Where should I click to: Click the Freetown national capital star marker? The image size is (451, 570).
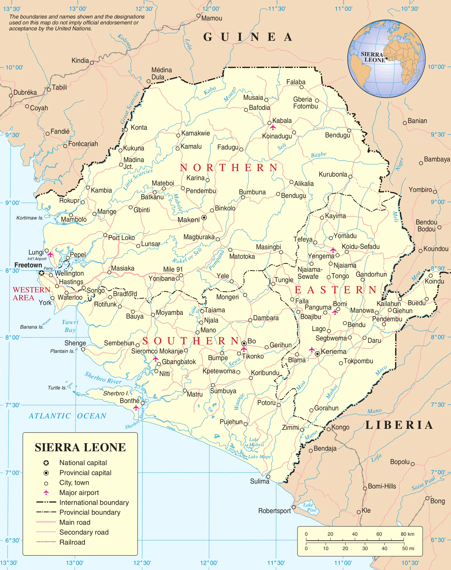(42, 273)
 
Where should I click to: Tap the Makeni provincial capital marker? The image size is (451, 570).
(204, 218)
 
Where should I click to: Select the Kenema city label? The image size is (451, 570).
(334, 352)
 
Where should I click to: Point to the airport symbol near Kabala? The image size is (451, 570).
(273, 128)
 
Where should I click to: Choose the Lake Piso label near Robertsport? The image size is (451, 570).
(310, 507)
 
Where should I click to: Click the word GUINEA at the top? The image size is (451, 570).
(248, 37)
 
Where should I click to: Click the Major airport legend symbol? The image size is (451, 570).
(46, 492)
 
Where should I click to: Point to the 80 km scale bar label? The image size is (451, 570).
(407, 534)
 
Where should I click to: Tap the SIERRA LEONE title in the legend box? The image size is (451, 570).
(80, 447)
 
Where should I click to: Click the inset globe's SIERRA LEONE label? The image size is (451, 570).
(373, 57)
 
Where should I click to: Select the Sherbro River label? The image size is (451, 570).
(103, 378)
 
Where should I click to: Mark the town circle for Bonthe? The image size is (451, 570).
(143, 403)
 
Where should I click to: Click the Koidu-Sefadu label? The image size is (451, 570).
(361, 247)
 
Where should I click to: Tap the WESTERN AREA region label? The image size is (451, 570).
(31, 294)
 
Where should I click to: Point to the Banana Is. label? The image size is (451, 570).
(32, 327)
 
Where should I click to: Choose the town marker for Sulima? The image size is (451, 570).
(268, 476)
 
